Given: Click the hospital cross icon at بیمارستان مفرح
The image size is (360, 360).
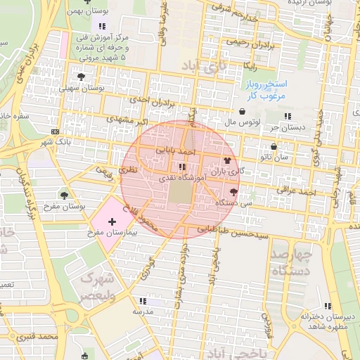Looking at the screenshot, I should pos(112,221).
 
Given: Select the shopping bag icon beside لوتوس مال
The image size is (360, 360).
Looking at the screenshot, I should pos(243,111).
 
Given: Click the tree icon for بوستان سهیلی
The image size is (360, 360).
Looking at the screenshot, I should pos(79,77).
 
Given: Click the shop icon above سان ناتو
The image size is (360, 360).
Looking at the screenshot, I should pos(273,147).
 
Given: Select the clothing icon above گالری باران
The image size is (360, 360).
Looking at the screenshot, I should pos(227,160).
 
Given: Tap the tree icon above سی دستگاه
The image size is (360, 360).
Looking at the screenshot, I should pos(233,191).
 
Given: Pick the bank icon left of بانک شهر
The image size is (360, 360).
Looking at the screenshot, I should pos(55,131).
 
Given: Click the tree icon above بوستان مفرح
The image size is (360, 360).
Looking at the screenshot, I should pos(65,195).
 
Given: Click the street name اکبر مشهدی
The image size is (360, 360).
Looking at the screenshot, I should pos(128,119).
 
